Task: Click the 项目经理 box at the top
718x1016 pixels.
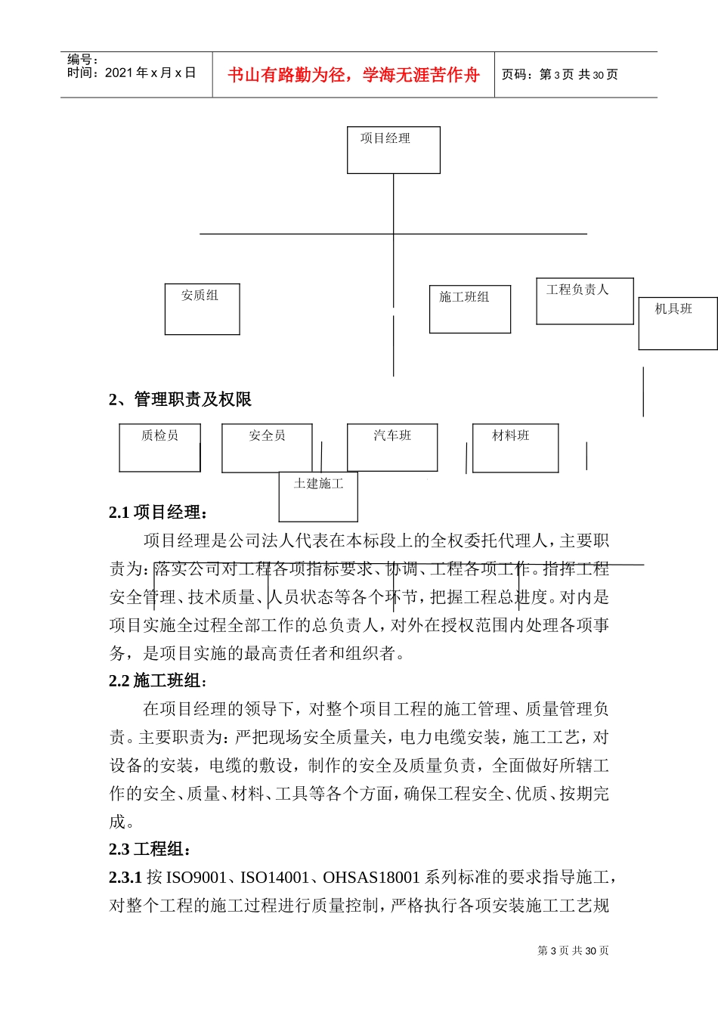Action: coord(393,150)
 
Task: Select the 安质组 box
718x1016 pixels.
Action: coord(202,308)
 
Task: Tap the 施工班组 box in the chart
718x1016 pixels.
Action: coord(469,308)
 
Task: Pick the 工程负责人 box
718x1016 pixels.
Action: coord(584,301)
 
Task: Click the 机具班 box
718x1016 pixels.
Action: coord(677,323)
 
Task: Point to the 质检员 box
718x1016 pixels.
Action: coord(159,448)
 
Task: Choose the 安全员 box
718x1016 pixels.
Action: coord(267,448)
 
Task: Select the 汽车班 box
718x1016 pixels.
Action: coord(392,448)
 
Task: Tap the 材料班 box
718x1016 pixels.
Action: coord(515,448)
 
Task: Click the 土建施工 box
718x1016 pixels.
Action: coord(318,496)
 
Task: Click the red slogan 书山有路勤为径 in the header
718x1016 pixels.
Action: coord(354,75)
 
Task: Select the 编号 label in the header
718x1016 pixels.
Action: coord(82,59)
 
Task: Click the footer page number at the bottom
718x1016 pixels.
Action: coord(572,950)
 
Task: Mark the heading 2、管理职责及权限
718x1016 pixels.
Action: coord(180,399)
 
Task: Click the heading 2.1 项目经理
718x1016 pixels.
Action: coord(158,512)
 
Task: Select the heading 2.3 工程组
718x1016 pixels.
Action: coord(150,849)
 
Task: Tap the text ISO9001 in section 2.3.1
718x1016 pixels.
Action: coord(196,877)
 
